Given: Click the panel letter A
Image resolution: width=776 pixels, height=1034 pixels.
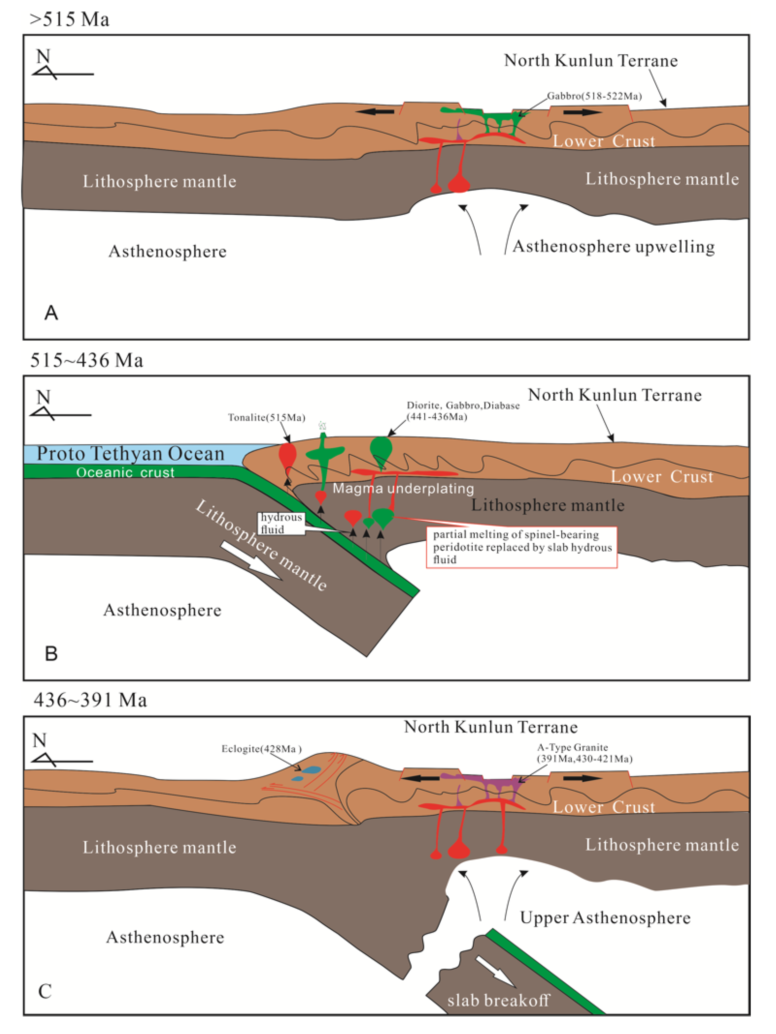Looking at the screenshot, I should [x=51, y=312].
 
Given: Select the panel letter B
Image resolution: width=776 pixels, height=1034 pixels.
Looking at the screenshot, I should [x=51, y=653].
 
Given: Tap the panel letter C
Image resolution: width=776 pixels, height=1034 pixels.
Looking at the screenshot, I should [x=45, y=991].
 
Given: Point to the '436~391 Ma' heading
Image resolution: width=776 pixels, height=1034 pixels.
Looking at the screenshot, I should [x=90, y=700].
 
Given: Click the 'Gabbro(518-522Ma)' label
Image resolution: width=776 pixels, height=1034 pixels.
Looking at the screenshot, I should [x=594, y=96].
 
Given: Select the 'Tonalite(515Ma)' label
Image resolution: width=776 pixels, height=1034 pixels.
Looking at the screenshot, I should [x=266, y=417].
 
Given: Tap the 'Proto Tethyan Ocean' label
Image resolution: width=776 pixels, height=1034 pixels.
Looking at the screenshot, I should [x=131, y=453].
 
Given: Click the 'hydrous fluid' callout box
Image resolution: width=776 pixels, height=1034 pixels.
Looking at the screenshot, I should [x=281, y=523].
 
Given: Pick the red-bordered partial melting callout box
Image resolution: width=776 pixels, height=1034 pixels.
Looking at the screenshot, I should [x=522, y=547].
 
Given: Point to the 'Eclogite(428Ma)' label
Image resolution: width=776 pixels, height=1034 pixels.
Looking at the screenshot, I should [x=261, y=749].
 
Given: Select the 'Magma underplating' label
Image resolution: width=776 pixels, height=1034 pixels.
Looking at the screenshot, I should [x=403, y=488].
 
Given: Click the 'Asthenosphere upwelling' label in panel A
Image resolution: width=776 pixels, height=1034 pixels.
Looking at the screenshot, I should [x=613, y=246].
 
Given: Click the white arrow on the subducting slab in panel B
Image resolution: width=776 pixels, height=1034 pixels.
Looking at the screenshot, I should [x=251, y=561].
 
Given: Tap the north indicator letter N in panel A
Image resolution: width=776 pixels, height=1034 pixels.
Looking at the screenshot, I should [x=43, y=56].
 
